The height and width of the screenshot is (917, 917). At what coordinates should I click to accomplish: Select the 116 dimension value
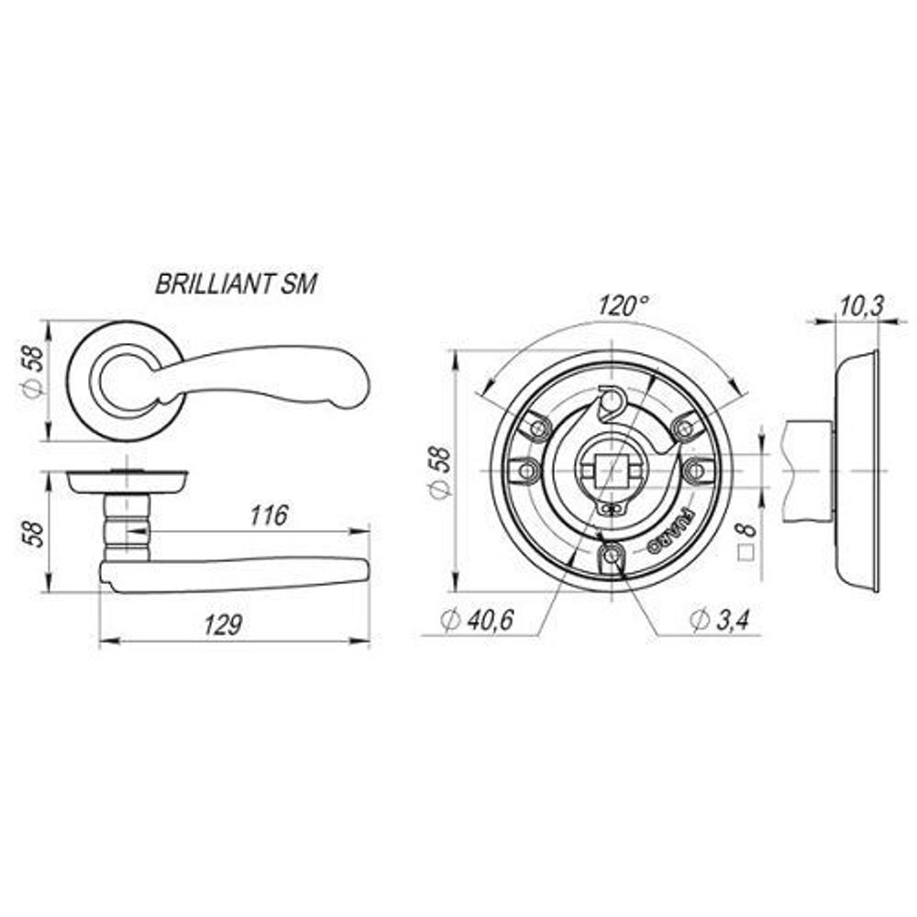click(x=268, y=515)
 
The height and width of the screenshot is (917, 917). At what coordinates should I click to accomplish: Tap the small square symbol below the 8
click(x=747, y=553)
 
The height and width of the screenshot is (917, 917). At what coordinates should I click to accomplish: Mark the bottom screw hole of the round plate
click(x=611, y=557)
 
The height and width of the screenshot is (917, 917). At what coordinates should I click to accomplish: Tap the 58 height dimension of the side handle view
click(x=32, y=532)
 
